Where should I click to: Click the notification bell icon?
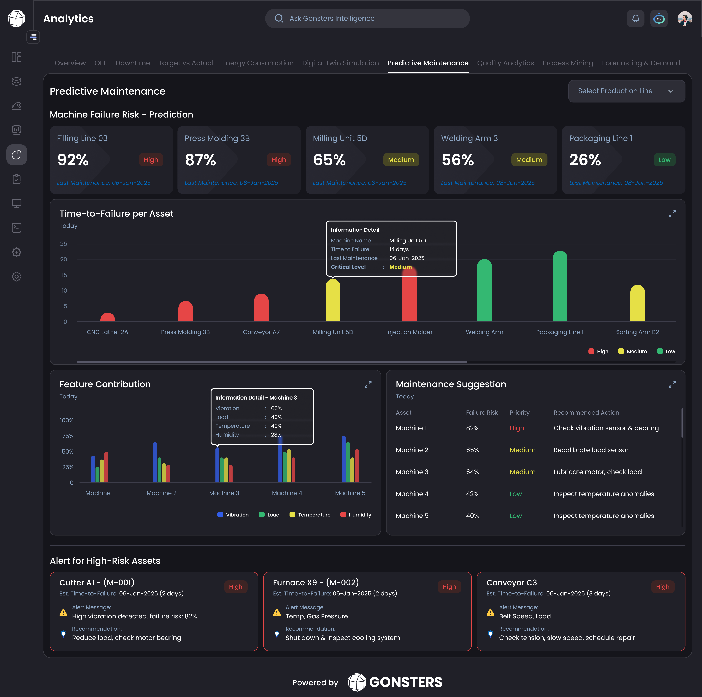click(635, 19)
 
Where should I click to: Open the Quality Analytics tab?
click(505, 63)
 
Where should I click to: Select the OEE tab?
click(101, 63)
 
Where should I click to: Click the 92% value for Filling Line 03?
click(73, 160)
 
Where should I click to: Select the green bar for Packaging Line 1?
click(560, 287)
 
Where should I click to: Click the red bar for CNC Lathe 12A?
click(108, 318)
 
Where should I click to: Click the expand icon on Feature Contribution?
click(368, 384)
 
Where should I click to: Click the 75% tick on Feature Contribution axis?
click(68, 436)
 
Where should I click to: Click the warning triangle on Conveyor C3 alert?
click(490, 612)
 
